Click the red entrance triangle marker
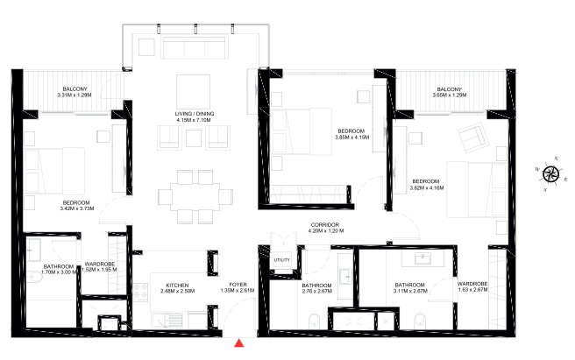(x=239, y=343)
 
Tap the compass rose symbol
(x=550, y=173)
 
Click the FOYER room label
(x=238, y=285)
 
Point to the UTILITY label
(x=281, y=260)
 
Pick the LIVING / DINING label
(x=195, y=115)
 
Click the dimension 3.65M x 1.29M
(x=451, y=94)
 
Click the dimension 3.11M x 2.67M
(x=410, y=291)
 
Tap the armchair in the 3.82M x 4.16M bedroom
(x=474, y=138)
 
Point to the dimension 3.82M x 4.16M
(x=427, y=187)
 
